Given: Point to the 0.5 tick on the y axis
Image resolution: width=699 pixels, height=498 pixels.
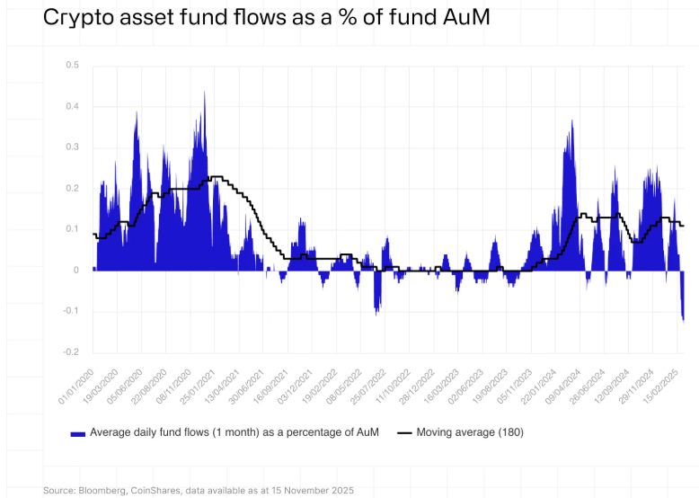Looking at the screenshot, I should pyautogui.click(x=73, y=66).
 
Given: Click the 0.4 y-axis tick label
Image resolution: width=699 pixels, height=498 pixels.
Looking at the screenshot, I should pyautogui.click(x=73, y=107).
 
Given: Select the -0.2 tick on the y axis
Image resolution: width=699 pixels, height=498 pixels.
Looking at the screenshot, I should pyautogui.click(x=71, y=352).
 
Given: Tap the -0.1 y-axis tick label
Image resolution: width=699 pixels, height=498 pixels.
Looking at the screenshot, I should pyautogui.click(x=71, y=311).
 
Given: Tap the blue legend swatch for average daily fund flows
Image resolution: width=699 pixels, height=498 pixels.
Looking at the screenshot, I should pyautogui.click(x=78, y=433).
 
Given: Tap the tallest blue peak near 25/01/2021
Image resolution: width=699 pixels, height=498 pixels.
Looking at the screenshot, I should pyautogui.click(x=205, y=93).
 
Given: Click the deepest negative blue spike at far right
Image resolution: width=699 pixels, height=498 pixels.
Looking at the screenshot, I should pyautogui.click(x=683, y=317).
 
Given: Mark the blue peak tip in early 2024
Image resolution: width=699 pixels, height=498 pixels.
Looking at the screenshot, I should pyautogui.click(x=571, y=121).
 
